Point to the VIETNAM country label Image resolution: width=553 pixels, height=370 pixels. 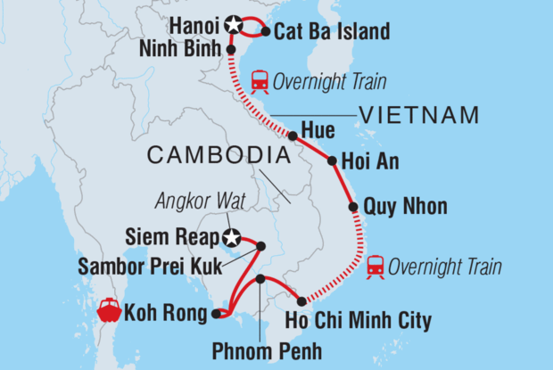tap(419, 115)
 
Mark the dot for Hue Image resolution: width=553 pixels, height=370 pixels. tap(293, 136)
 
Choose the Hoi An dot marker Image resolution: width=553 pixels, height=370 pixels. tap(332, 162)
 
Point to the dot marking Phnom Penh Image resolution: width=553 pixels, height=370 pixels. tap(260, 279)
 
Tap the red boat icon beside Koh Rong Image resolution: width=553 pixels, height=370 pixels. tap(110, 312)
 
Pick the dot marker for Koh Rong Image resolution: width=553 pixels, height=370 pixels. tap(216, 313)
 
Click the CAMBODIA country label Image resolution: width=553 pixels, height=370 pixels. tap(219, 156)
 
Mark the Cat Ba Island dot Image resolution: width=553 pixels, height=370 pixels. tap(265, 32)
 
